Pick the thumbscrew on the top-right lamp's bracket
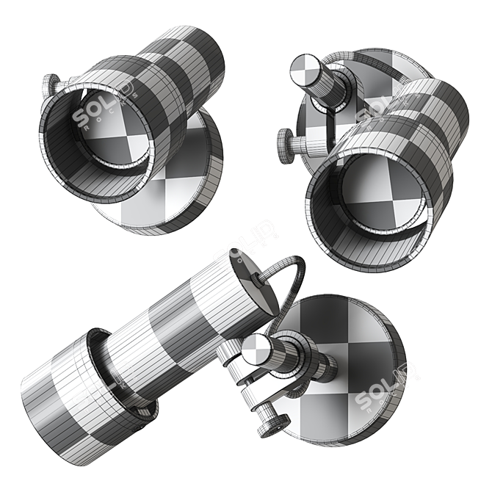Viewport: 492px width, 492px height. click(287, 137)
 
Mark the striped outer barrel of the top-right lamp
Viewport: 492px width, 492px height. click(426, 125)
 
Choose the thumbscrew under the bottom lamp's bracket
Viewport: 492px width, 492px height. click(274, 422)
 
